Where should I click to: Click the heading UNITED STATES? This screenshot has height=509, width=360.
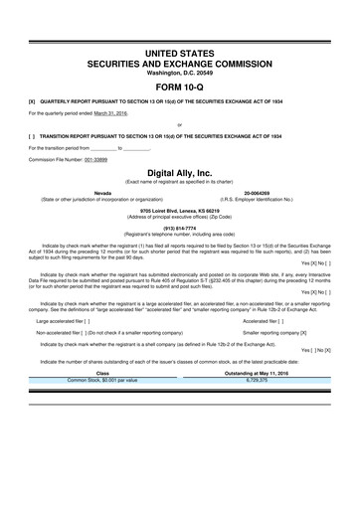point(179,51)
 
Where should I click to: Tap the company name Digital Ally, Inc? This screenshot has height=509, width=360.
point(179,171)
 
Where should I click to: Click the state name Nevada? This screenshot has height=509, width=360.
point(102,192)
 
